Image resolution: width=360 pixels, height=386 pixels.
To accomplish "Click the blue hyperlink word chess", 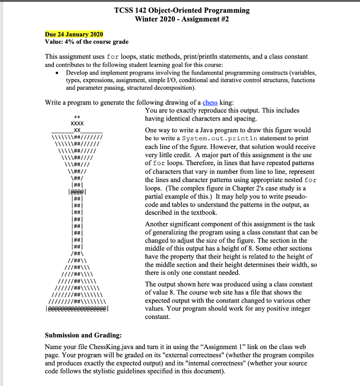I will coord(210,103).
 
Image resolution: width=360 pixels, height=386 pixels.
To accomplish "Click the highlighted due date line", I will coord(74,34).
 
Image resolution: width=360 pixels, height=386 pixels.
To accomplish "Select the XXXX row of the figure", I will coord(77,124).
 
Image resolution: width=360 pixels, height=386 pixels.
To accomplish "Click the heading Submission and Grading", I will coord(83,335).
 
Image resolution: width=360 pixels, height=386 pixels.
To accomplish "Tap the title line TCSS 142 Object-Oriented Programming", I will coord(182,10).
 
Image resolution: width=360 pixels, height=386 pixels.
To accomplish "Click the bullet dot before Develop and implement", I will coord(57,73).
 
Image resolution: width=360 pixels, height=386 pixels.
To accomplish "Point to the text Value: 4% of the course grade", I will coord(87,42).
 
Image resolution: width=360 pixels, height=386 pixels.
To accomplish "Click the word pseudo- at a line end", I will coord(299,196).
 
